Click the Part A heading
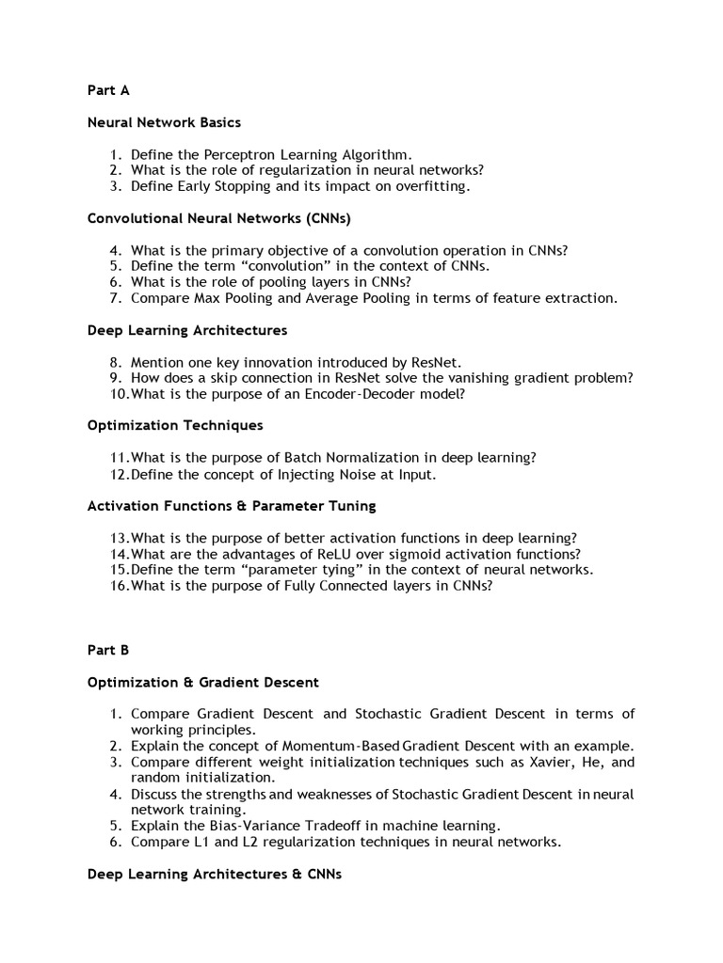[108, 90]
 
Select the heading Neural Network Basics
[164, 122]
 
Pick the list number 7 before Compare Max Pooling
[115, 298]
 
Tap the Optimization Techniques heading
[175, 426]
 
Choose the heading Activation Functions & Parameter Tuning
[232, 506]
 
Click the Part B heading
[108, 650]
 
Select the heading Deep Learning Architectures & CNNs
[214, 874]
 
